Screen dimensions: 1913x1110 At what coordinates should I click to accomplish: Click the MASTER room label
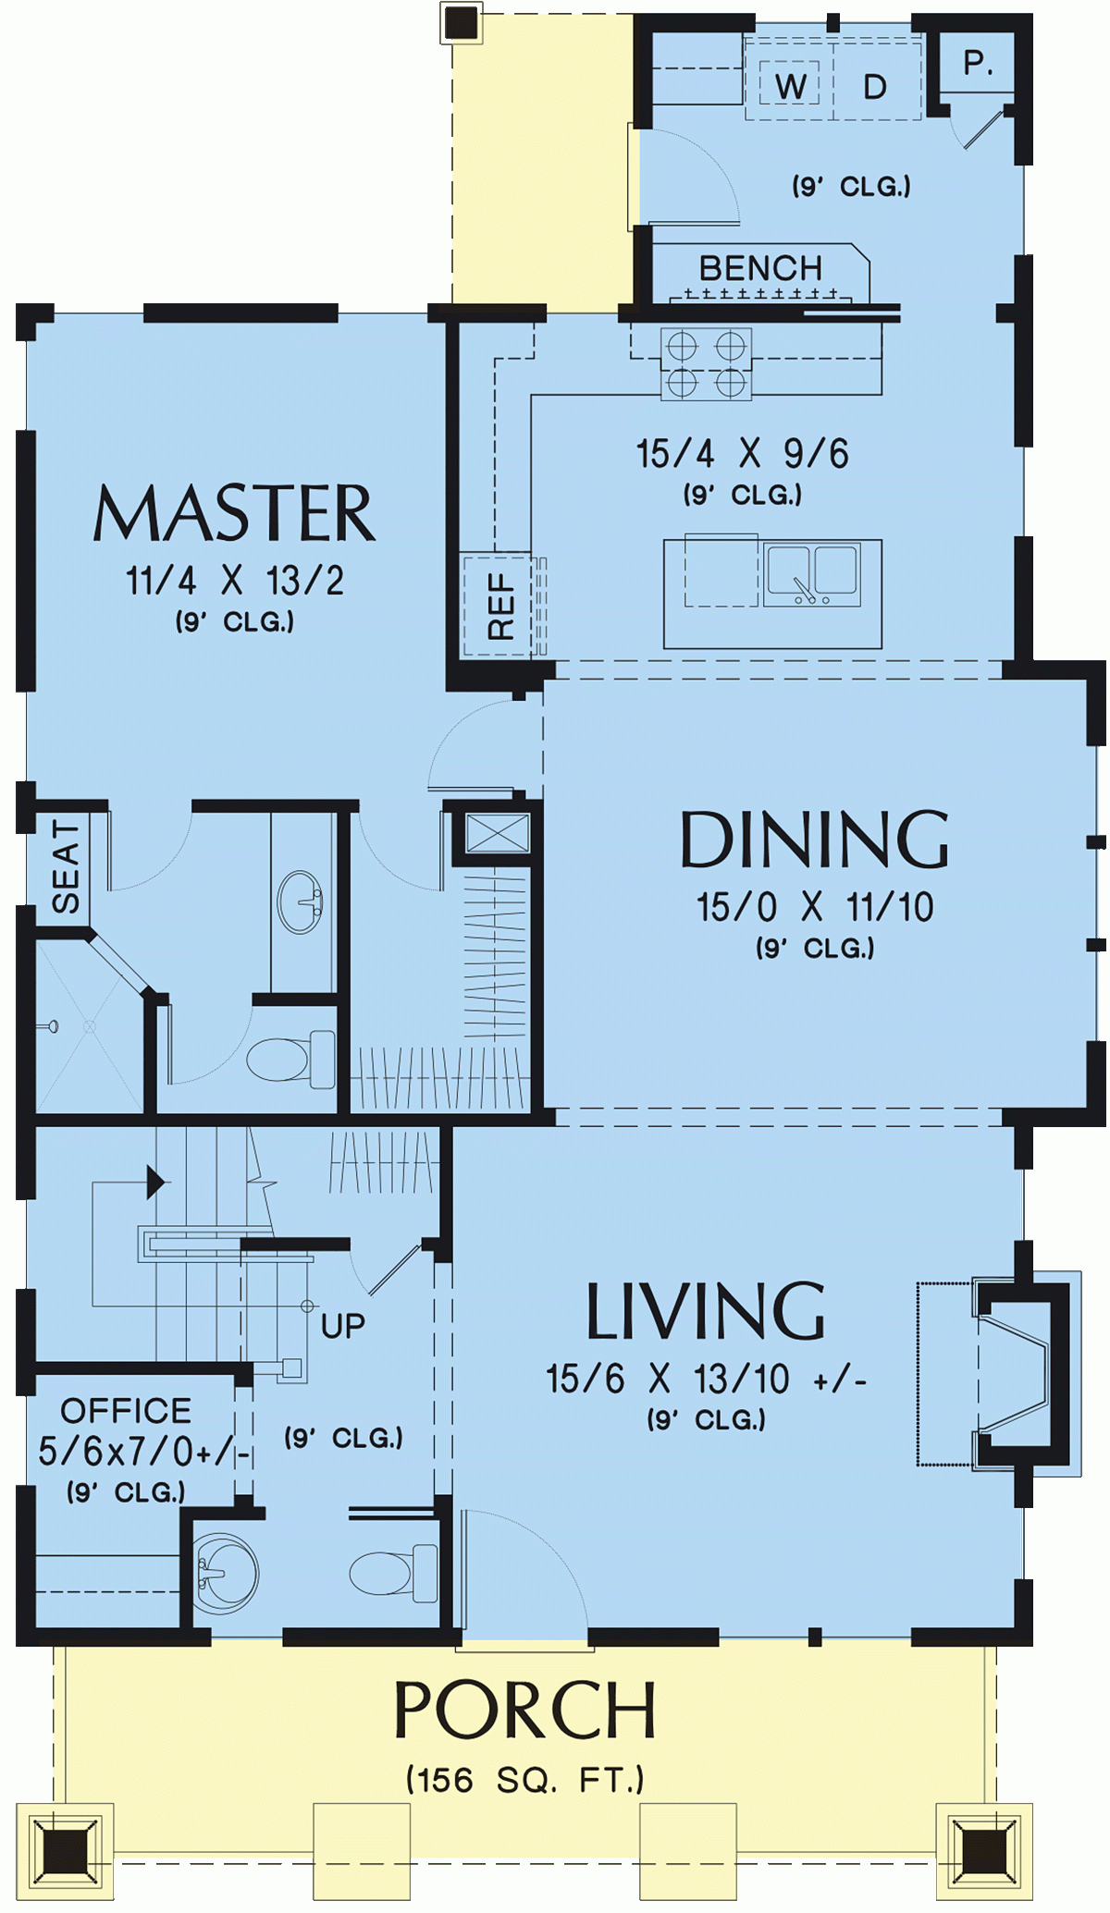pyautogui.click(x=234, y=514)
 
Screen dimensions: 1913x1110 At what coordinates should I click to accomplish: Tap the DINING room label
pyautogui.click(x=814, y=840)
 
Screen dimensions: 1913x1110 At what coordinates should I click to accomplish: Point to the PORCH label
pyautogui.click(x=524, y=1711)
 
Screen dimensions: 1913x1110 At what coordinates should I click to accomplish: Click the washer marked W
pyautogui.click(x=790, y=86)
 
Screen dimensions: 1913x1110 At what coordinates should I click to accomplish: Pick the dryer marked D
pyautogui.click(x=875, y=86)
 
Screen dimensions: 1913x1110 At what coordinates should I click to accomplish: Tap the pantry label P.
pyautogui.click(x=978, y=63)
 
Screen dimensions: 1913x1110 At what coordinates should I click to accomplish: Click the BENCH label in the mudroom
pyautogui.click(x=760, y=268)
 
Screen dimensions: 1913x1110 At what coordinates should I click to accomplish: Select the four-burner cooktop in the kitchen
pyautogui.click(x=706, y=364)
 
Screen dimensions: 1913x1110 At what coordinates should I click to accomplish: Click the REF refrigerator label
pyautogui.click(x=500, y=607)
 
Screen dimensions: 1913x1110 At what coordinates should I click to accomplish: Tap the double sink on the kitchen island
pyautogui.click(x=811, y=574)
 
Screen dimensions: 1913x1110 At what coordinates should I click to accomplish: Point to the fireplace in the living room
pyautogui.click(x=1017, y=1373)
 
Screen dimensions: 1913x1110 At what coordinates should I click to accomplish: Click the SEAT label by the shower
pyautogui.click(x=66, y=866)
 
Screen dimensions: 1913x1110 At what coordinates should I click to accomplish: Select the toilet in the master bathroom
pyautogui.click(x=290, y=1060)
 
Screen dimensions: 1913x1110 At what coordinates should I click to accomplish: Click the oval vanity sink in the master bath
pyautogui.click(x=301, y=901)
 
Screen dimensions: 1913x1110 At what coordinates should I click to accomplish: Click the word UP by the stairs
pyautogui.click(x=342, y=1326)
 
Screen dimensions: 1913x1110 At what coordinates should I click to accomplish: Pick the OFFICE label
pyautogui.click(x=126, y=1411)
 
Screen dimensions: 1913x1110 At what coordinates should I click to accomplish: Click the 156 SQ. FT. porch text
pyautogui.click(x=524, y=1780)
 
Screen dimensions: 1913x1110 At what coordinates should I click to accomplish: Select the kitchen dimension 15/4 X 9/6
pyautogui.click(x=742, y=454)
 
